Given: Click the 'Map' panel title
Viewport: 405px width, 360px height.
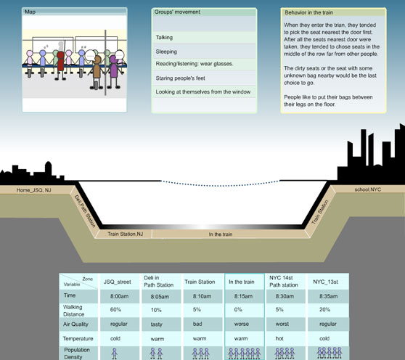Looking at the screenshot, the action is tap(30, 12).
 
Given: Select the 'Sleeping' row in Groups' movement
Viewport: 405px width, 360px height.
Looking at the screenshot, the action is tap(166, 52).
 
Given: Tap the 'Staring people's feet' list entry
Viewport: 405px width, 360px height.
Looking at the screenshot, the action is tap(180, 78).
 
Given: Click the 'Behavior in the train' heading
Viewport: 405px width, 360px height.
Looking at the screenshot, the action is tap(308, 12).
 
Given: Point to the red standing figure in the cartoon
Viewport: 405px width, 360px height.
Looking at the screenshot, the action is tap(60, 65).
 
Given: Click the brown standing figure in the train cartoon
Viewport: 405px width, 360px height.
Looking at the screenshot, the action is tap(97, 73).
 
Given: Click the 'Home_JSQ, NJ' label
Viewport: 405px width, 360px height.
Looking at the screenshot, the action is tap(34, 190).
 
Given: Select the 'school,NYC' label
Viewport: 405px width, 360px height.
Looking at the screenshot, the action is tap(367, 189).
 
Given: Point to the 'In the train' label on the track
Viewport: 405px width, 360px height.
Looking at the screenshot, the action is tap(221, 234).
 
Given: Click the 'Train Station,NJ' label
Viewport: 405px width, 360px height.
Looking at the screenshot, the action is tap(126, 234).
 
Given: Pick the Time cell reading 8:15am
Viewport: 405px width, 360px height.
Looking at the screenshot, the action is tap(243, 296).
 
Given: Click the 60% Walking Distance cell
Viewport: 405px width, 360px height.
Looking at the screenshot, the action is tap(115, 309).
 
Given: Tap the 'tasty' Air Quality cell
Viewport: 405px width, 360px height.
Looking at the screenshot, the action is tap(157, 324).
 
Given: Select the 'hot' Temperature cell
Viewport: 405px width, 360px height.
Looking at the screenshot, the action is tap(279, 338).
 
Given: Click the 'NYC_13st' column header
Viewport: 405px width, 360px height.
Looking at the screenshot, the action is tap(325, 282).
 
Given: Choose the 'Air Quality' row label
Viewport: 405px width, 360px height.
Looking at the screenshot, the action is tap(75, 324).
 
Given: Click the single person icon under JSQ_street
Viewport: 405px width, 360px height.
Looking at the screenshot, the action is tap(115, 353).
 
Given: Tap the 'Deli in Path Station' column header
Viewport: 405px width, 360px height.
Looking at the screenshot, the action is tap(159, 281).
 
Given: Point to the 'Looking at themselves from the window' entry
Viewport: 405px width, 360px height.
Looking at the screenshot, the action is tap(203, 92).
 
